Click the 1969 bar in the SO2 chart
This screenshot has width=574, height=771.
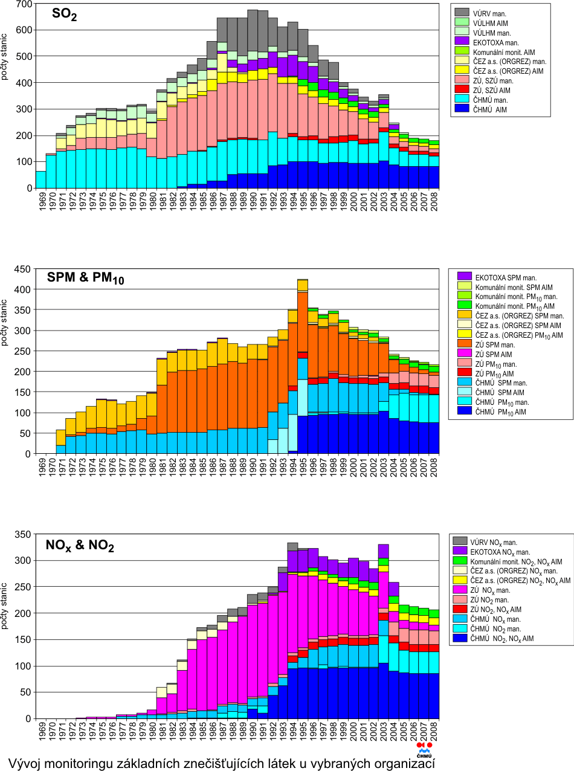(x=41, y=179)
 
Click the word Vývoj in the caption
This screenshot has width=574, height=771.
(x=28, y=760)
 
